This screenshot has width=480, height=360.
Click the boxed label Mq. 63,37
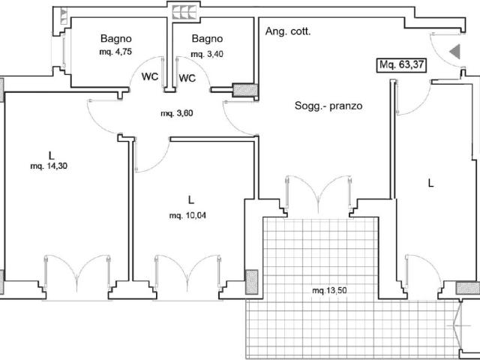(x=402, y=65)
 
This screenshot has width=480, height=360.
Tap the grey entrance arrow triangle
(x=455, y=52)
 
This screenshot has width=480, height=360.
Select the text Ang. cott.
(x=288, y=31)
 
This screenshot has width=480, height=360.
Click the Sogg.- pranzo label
(x=328, y=106)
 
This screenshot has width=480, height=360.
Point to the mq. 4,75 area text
(x=115, y=52)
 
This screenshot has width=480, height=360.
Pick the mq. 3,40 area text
(x=207, y=54)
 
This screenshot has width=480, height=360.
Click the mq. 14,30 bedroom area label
(x=49, y=166)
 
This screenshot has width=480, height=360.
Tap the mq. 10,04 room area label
(x=187, y=216)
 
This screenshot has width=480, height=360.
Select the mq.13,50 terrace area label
(x=329, y=290)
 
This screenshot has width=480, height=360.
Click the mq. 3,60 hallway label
(x=177, y=113)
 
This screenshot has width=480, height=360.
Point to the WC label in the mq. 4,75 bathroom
(x=150, y=76)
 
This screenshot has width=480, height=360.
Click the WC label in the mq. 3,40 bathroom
(x=187, y=78)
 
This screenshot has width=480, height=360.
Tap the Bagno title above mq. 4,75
(x=116, y=39)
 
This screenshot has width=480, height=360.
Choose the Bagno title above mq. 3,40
(x=207, y=39)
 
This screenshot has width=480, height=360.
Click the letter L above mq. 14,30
(x=51, y=156)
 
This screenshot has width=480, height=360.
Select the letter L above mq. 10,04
(x=191, y=200)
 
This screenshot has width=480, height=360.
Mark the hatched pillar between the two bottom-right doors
(x=468, y=288)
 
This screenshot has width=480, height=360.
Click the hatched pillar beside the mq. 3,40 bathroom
(x=245, y=90)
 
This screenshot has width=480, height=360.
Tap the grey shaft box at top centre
(x=184, y=12)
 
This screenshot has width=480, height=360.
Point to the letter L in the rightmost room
(x=431, y=183)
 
